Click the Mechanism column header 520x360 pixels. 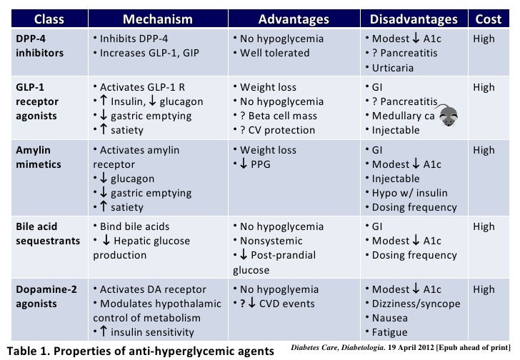click(156, 18)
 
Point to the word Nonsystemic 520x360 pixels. click(272, 241)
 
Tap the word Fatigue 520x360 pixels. click(389, 332)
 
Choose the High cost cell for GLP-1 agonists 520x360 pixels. click(483, 88)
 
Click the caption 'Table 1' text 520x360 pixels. click(26, 350)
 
